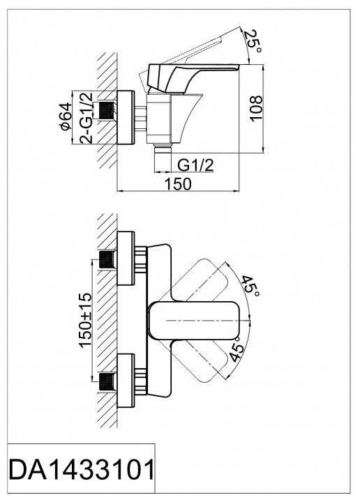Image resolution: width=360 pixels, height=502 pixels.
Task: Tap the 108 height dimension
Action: pos(256,109)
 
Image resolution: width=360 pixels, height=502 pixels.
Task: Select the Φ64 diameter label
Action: pos(66,116)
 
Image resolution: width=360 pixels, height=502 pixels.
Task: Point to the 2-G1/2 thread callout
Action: pos(86,118)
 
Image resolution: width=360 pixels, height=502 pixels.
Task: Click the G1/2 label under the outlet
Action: pos(195,165)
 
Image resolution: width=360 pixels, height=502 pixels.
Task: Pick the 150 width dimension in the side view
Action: pos(178,184)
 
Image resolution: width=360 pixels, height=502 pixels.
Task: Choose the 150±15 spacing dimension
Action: pos(86,320)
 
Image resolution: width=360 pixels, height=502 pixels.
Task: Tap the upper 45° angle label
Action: pos(250,286)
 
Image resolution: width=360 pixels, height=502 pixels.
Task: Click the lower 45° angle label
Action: pos(237,349)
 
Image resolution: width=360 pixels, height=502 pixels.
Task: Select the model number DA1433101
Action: pos(82,470)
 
